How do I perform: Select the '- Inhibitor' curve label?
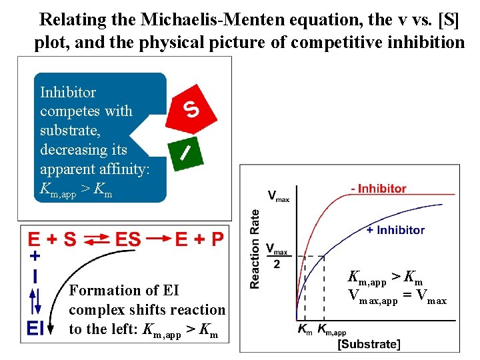pyautogui.click(x=378, y=189)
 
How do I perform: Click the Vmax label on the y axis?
pyautogui.click(x=278, y=196)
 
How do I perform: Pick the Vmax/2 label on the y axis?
pyautogui.click(x=278, y=255)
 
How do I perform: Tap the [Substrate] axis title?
pyautogui.click(x=369, y=344)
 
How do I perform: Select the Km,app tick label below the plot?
pyautogui.click(x=331, y=329)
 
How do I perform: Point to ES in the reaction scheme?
pyautogui.click(x=128, y=239)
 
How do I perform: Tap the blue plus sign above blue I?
pyautogui.click(x=35, y=256)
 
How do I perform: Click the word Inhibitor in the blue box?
pyautogui.click(x=68, y=93)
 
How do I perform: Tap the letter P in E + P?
pyautogui.click(x=217, y=239)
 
